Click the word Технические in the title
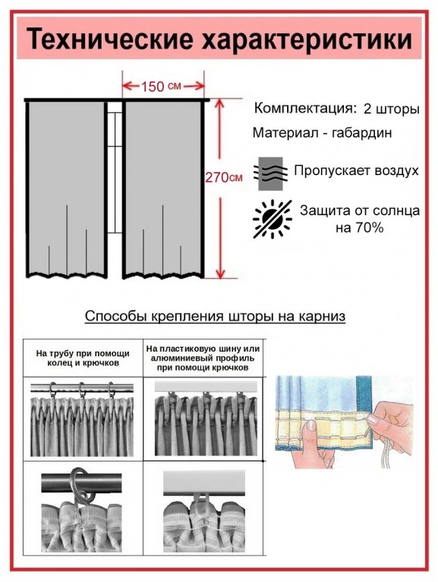click(x=109, y=39)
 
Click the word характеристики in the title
click(x=307, y=39)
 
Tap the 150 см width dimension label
click(x=161, y=86)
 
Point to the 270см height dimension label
click(x=224, y=177)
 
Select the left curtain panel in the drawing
click(x=67, y=189)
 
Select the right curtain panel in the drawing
click(x=163, y=189)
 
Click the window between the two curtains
click(x=115, y=167)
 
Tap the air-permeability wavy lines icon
click(x=271, y=174)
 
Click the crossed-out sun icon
click(x=273, y=218)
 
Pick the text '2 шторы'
click(x=392, y=109)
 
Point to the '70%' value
click(x=370, y=227)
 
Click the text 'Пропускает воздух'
click(x=356, y=171)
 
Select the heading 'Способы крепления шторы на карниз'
click(x=215, y=316)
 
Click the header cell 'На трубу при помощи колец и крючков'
click(x=83, y=358)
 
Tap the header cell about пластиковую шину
click(x=203, y=358)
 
